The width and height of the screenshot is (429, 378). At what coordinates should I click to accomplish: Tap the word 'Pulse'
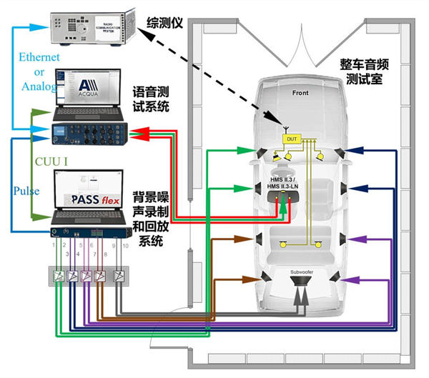26,192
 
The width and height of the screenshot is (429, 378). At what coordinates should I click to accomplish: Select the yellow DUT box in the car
291,138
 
